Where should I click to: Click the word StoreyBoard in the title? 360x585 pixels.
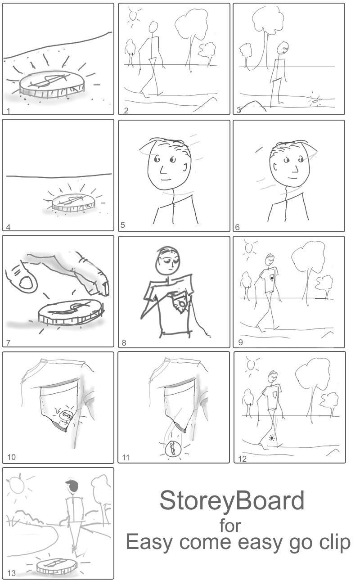point(232,501)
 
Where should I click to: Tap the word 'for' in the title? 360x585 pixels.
point(230,526)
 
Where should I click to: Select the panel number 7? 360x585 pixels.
point(9,342)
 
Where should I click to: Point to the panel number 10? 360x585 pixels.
point(12,457)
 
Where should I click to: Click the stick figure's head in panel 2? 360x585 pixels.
point(153,27)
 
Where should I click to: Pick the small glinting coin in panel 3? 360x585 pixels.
point(315,101)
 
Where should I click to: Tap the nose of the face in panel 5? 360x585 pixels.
point(163,170)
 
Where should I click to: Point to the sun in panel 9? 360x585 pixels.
point(249,248)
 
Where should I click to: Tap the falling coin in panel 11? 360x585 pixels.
point(172,449)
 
